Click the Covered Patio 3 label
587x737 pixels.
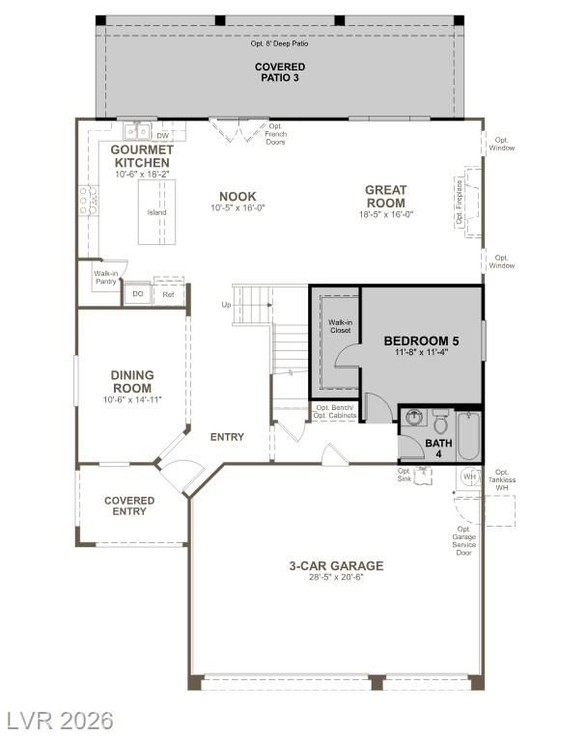point(280,72)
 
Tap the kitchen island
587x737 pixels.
point(156,212)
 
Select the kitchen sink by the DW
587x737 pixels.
point(137,131)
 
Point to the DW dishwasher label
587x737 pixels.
point(163,135)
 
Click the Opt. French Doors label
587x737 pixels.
point(275,134)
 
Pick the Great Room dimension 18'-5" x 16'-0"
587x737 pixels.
point(385,214)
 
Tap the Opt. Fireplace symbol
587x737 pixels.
point(468,203)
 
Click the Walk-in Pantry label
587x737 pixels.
point(106,277)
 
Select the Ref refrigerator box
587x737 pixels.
point(168,294)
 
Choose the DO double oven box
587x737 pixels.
point(138,294)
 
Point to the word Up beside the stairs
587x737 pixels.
point(226,305)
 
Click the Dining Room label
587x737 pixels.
point(132,382)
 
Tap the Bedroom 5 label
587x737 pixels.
point(422,341)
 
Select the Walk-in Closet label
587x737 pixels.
point(340,326)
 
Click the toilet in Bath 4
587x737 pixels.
point(440,422)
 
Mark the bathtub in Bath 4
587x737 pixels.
point(468,436)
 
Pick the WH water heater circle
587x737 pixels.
point(470,477)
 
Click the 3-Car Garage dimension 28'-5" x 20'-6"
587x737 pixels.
point(336,577)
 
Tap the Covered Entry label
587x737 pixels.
point(129,505)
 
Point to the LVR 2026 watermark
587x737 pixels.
point(60,721)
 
